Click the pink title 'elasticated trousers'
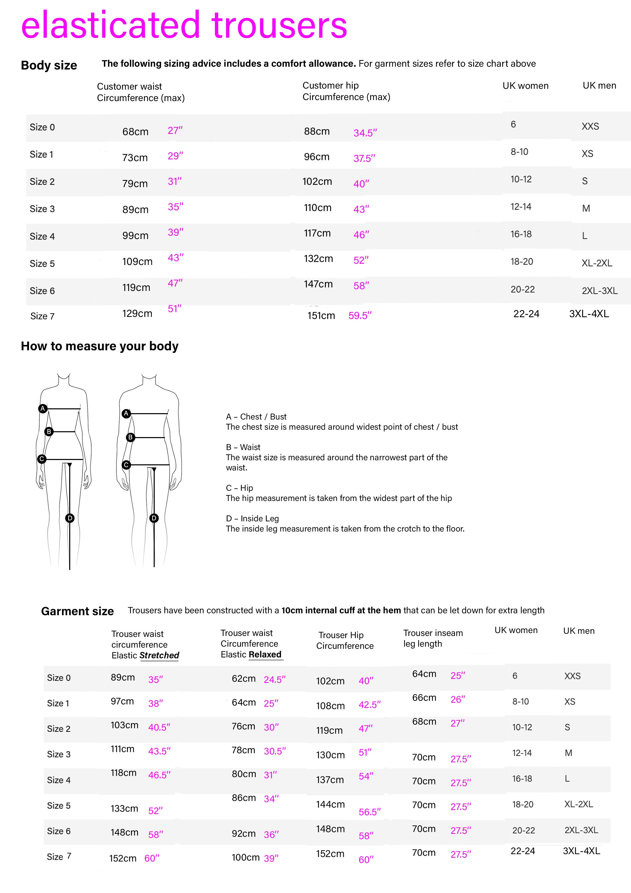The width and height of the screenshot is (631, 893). (184, 26)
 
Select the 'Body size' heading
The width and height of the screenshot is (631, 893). (49, 65)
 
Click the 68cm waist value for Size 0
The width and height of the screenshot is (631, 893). (135, 132)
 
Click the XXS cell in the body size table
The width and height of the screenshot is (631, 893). (590, 127)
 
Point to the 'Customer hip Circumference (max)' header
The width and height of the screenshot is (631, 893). (346, 91)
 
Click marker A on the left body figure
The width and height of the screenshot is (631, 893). (43, 408)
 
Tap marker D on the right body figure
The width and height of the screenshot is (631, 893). (154, 518)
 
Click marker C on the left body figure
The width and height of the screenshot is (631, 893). (41, 459)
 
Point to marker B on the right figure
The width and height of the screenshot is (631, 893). (130, 437)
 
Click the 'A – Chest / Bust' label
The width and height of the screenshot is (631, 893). (256, 416)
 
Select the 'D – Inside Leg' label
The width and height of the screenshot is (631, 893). (252, 519)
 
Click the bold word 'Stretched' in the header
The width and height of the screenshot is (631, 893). (159, 655)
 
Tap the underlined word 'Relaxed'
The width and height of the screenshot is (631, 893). (265, 654)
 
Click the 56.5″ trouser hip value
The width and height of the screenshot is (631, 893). (369, 812)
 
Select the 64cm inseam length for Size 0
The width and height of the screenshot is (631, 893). (424, 674)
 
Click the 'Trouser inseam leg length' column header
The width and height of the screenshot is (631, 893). (433, 638)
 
